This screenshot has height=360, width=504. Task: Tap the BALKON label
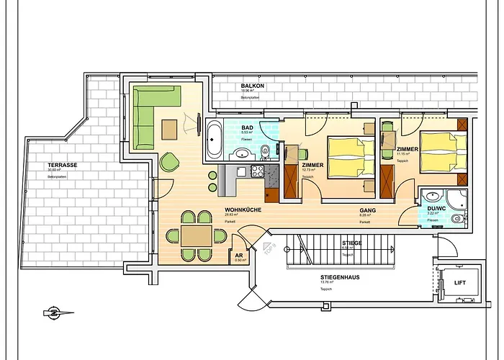click(x=253, y=86)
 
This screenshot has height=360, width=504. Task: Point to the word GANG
click(x=368, y=210)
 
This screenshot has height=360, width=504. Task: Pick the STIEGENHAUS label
click(x=341, y=276)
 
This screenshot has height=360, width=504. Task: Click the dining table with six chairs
click(x=192, y=235)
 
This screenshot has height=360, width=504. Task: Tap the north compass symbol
click(x=53, y=312)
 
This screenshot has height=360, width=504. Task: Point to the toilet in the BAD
click(x=266, y=150)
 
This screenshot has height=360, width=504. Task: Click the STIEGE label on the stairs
click(x=352, y=243)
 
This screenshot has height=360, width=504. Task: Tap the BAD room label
click(x=247, y=127)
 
